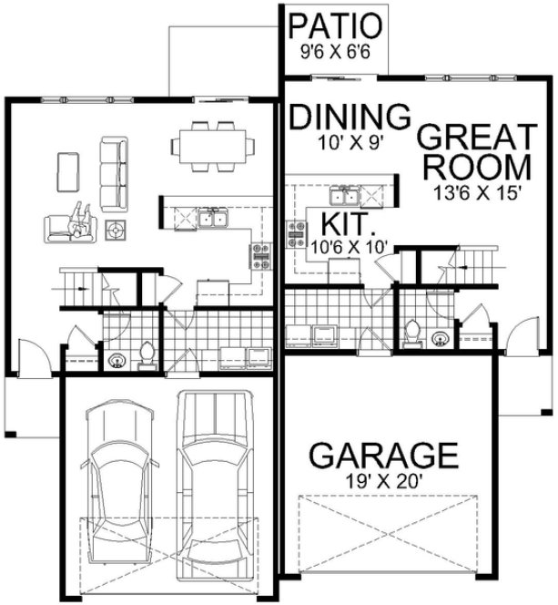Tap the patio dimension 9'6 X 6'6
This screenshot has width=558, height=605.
[x=336, y=53]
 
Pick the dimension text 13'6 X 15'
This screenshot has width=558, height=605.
[x=476, y=193]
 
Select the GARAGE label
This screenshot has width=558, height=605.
[x=382, y=453]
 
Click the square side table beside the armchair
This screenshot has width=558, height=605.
[x=117, y=232]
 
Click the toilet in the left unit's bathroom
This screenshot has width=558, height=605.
[x=147, y=355]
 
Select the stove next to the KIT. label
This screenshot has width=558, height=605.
[x=298, y=235]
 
